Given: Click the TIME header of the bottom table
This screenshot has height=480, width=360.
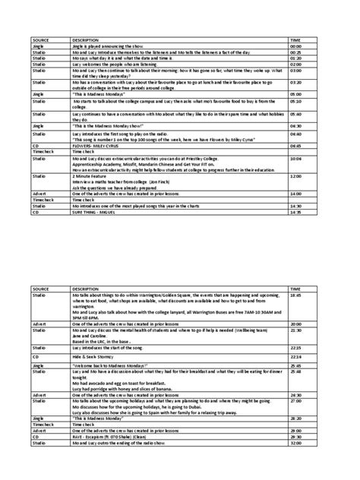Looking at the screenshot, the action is point(295,289).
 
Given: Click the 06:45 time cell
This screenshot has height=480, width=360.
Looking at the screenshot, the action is point(295,145).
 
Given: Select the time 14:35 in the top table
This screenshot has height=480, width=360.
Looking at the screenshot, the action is point(295,212).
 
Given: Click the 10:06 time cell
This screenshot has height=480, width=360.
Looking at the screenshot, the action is point(295,158).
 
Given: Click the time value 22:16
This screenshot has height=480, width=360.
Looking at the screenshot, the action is point(295,356).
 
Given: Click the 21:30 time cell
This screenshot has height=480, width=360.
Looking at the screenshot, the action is point(295,330).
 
